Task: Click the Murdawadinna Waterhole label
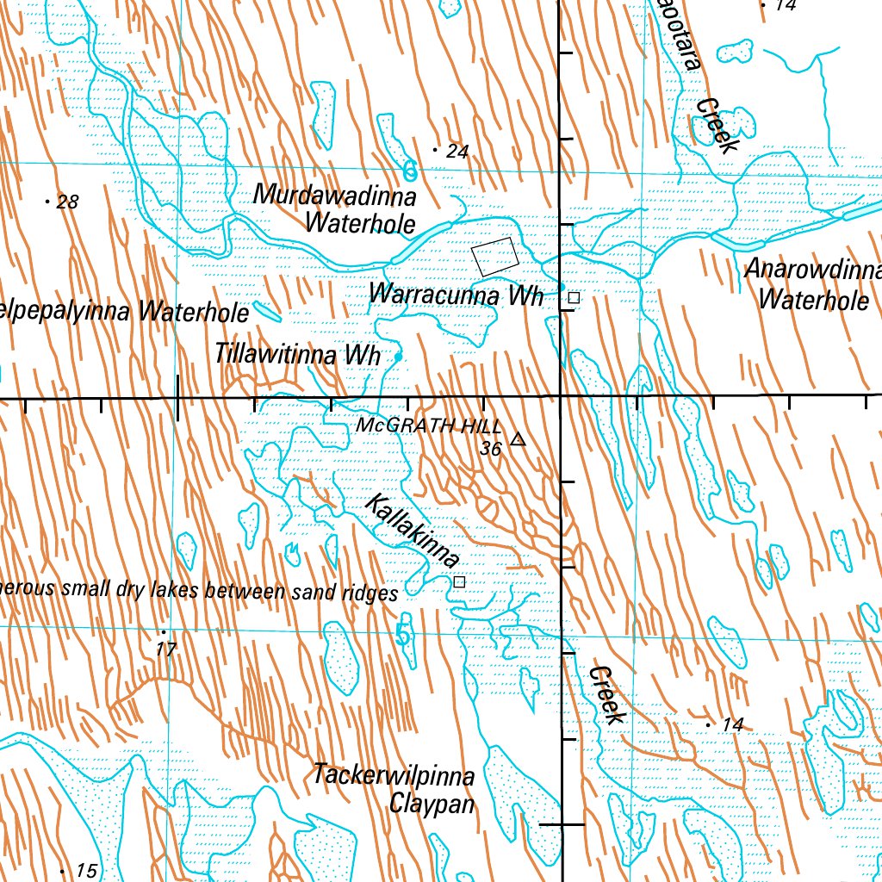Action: point(335,210)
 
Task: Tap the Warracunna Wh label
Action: point(456,295)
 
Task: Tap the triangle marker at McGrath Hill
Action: point(517,440)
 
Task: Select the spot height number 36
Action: point(491,449)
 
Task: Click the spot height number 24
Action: point(457,152)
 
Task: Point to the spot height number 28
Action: point(66,202)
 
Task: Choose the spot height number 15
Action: point(86,871)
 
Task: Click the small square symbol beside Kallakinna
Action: point(459,582)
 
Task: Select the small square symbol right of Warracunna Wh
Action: point(574,298)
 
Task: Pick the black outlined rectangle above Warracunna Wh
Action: point(496,257)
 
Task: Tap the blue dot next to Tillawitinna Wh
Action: point(398,356)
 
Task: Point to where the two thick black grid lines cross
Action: point(561,397)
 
